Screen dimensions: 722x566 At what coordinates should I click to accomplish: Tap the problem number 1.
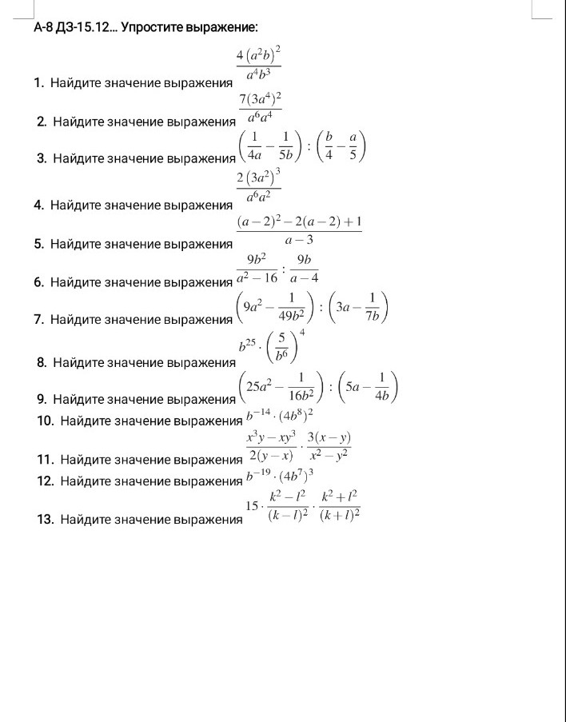[x=38, y=83]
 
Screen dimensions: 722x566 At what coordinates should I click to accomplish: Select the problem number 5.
[x=38, y=244]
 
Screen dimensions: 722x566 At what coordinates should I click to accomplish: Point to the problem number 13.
[x=45, y=520]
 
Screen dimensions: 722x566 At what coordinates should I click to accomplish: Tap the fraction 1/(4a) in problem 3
[x=253, y=150]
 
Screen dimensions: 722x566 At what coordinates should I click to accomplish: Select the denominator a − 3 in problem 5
[x=299, y=240]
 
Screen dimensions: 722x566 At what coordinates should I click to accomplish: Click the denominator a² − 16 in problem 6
[x=258, y=277]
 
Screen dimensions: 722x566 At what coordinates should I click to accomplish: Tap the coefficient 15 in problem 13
[x=252, y=506]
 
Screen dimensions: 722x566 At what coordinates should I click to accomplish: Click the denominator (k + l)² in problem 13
[x=339, y=517]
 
